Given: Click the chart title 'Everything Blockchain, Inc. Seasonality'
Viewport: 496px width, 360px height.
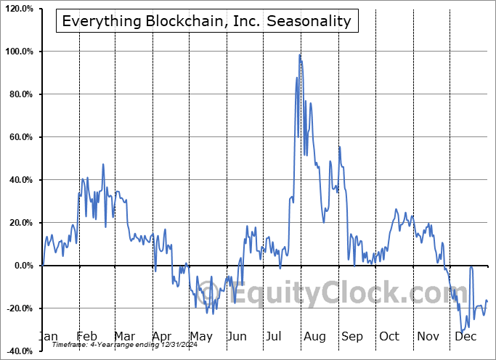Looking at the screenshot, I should point(206,21).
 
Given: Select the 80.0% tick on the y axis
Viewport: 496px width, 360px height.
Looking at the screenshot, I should point(20,94).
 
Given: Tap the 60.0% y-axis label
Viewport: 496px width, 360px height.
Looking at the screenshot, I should point(20,137).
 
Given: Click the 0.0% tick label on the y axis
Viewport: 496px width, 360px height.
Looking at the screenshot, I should point(22,266).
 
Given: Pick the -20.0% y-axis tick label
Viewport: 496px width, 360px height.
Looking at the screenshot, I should point(18,308).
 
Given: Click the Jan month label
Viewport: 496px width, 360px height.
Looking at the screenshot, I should point(47,336).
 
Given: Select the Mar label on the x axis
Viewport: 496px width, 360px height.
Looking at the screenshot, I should point(123,336).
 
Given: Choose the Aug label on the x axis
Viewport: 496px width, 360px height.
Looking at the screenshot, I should point(314,336).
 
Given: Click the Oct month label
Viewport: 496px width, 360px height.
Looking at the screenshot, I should point(389,336).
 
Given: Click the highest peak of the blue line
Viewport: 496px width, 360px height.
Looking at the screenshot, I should point(299,54).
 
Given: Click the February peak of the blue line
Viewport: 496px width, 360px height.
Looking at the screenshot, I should point(103,164).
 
